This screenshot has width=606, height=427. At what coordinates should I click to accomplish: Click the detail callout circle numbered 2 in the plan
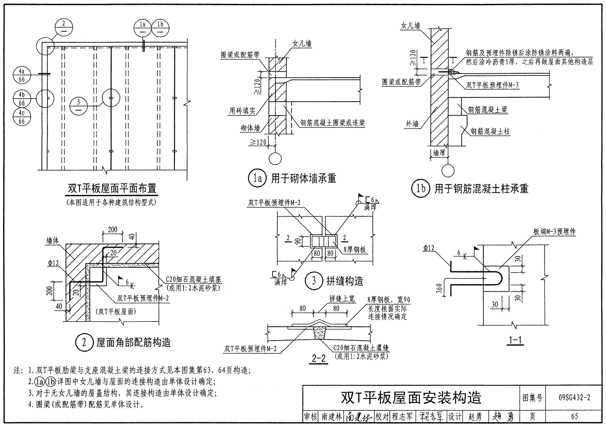pos(64,29)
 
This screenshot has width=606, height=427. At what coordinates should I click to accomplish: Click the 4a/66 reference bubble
pos(22,75)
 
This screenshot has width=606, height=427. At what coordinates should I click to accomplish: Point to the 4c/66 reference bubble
pos(22,117)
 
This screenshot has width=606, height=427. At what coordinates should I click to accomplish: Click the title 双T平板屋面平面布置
pos(112,189)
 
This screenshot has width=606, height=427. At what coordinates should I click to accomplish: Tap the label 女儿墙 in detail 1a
pos(302,44)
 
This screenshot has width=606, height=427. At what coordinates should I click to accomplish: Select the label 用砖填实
pos(242,111)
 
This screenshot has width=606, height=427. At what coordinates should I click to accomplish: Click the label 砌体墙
pos(250,128)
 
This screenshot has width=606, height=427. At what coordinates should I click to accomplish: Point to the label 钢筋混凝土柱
pos(490,131)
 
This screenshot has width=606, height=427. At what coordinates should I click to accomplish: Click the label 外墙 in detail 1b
pos(412,124)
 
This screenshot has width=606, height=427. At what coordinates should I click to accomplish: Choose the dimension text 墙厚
pos(439,153)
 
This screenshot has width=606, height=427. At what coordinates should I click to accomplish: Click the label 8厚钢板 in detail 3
pos(354,249)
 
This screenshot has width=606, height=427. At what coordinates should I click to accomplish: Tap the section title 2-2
pos(319,359)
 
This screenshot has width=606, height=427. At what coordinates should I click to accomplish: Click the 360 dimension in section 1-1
pos(439,289)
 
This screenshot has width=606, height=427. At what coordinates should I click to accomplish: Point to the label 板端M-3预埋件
pos(555,232)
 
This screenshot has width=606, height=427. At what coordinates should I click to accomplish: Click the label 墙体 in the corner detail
pos(53,240)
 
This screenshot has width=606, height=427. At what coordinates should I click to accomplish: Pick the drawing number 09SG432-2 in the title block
pos(574,397)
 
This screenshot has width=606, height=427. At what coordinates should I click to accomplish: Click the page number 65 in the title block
pos(574,416)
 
